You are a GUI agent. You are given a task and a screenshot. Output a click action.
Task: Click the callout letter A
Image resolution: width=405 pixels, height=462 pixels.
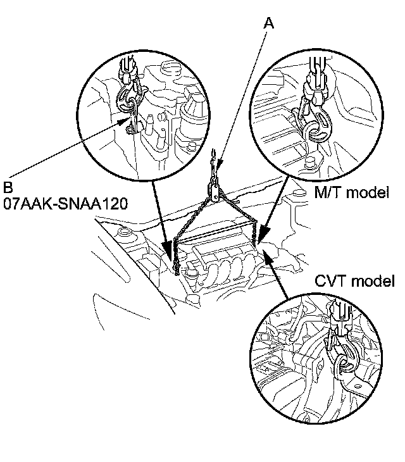pyautogui.click(x=270, y=23)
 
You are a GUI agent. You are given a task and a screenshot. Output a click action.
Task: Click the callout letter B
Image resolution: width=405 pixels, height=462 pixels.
pyautogui.click(x=8, y=188)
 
